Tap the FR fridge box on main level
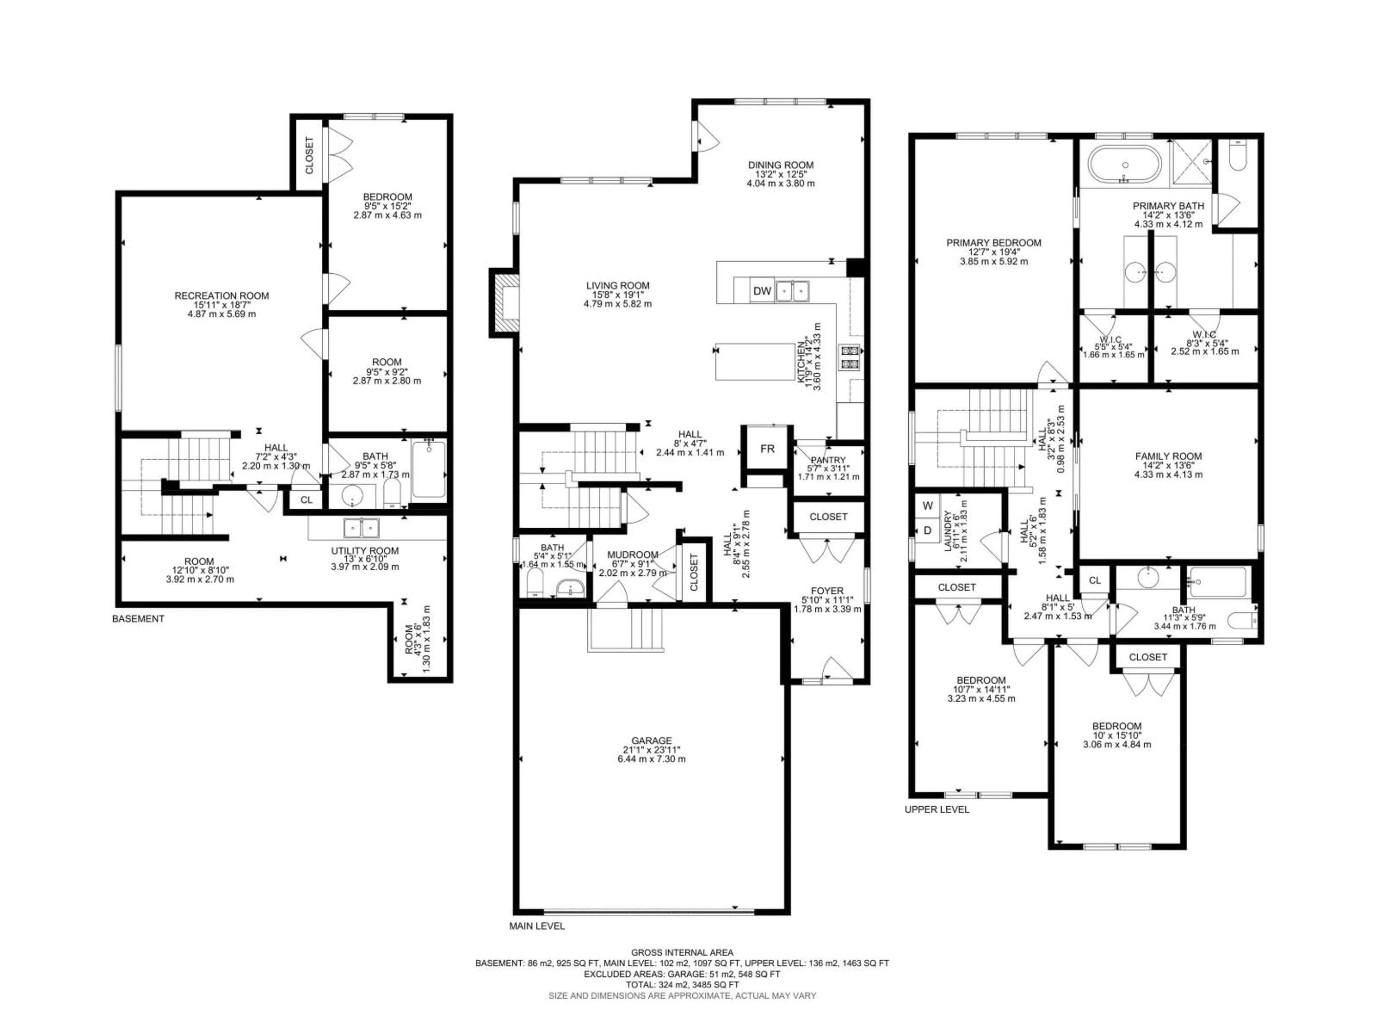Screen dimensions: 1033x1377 767,448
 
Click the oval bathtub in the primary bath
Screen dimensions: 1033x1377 1125,164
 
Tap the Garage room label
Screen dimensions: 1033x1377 651,740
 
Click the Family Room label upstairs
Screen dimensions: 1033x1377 1168,456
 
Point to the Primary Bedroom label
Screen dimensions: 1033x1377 994,243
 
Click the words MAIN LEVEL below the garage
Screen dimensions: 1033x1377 536,943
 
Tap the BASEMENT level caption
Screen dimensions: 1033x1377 138,619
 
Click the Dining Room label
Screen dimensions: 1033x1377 781,165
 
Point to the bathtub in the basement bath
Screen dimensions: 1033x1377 429,470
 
